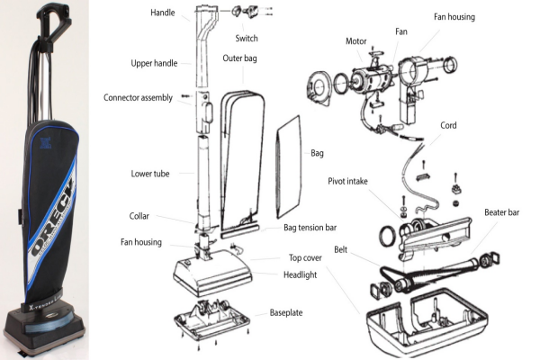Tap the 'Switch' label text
click(x=247, y=39)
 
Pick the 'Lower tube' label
click(x=150, y=172)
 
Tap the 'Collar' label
click(x=144, y=215)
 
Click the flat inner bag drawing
click(x=291, y=162)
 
